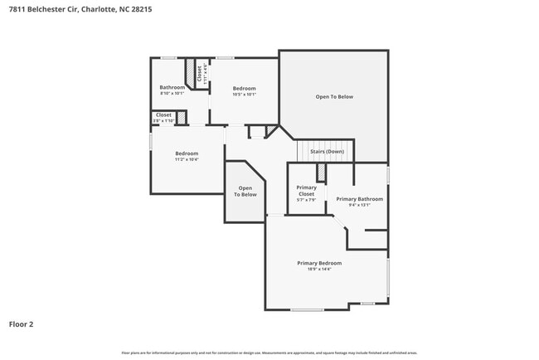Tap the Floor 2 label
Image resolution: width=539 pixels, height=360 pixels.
pyautogui.click(x=22, y=324)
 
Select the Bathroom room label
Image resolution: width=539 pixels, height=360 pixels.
pyautogui.click(x=172, y=87)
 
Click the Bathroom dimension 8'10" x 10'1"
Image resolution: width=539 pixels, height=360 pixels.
pyautogui.click(x=172, y=94)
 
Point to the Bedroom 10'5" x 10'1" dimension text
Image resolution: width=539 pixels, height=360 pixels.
pyautogui.click(x=244, y=94)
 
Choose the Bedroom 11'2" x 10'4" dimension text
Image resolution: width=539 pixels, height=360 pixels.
pyautogui.click(x=187, y=158)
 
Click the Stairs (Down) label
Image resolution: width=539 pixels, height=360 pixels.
pyautogui.click(x=327, y=152)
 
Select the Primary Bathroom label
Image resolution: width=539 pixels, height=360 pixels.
pyautogui.click(x=359, y=199)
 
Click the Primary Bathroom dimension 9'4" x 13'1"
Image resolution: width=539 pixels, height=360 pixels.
pyautogui.click(x=359, y=205)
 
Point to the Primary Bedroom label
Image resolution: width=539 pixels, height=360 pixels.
pyautogui.click(x=319, y=263)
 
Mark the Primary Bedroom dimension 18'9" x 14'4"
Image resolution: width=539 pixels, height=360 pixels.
pyautogui.click(x=319, y=270)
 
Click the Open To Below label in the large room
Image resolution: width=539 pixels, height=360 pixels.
pyautogui.click(x=334, y=97)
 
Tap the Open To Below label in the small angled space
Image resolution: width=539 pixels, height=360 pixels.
pyautogui.click(x=245, y=192)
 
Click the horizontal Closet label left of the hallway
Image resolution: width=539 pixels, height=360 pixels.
pyautogui.click(x=163, y=114)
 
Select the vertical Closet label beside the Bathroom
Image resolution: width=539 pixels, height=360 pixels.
pyautogui.click(x=199, y=73)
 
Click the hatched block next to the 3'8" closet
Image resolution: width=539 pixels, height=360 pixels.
pyautogui.click(x=182, y=118)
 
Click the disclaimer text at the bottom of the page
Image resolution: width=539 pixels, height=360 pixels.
pyautogui.click(x=269, y=353)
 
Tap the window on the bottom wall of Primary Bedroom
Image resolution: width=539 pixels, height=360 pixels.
pyautogui.click(x=307, y=309)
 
